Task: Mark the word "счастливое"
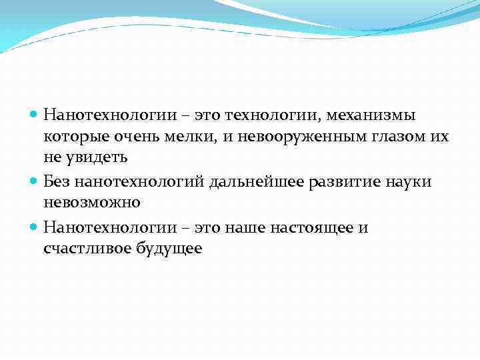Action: pos(85,249)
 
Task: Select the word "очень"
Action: pos(135,137)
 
